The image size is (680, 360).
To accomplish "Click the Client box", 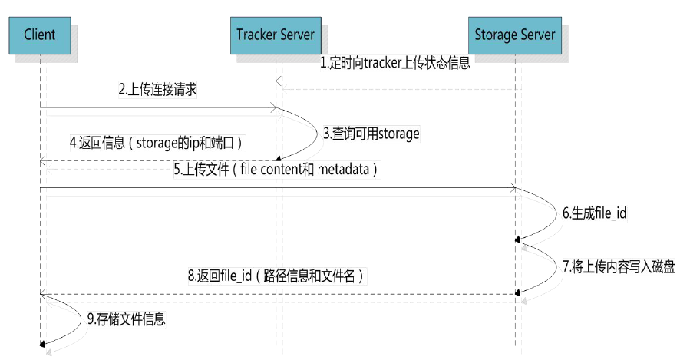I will tap(39, 35).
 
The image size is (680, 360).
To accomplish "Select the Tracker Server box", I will tap(276, 35).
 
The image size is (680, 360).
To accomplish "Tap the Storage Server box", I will tap(515, 35).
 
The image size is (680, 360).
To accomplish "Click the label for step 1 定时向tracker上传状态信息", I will tap(394, 64).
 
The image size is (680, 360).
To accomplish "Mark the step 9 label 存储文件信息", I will tap(127, 319).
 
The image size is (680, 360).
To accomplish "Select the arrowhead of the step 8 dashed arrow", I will tap(43, 292).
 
